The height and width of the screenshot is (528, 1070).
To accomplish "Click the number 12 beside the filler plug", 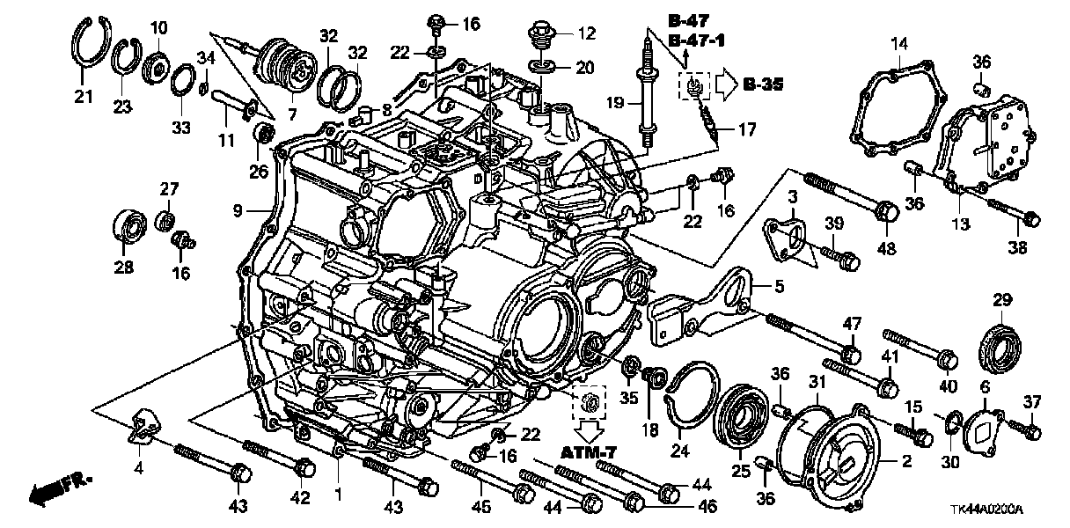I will (587, 34).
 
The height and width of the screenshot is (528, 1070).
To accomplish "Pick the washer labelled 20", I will (538, 66).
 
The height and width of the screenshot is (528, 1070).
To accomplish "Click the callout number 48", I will (887, 249).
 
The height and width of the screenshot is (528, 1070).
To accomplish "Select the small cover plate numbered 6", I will (984, 431).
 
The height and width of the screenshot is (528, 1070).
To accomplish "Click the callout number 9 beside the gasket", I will (237, 211).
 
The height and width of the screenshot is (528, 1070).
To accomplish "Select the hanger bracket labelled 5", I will (704, 304).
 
